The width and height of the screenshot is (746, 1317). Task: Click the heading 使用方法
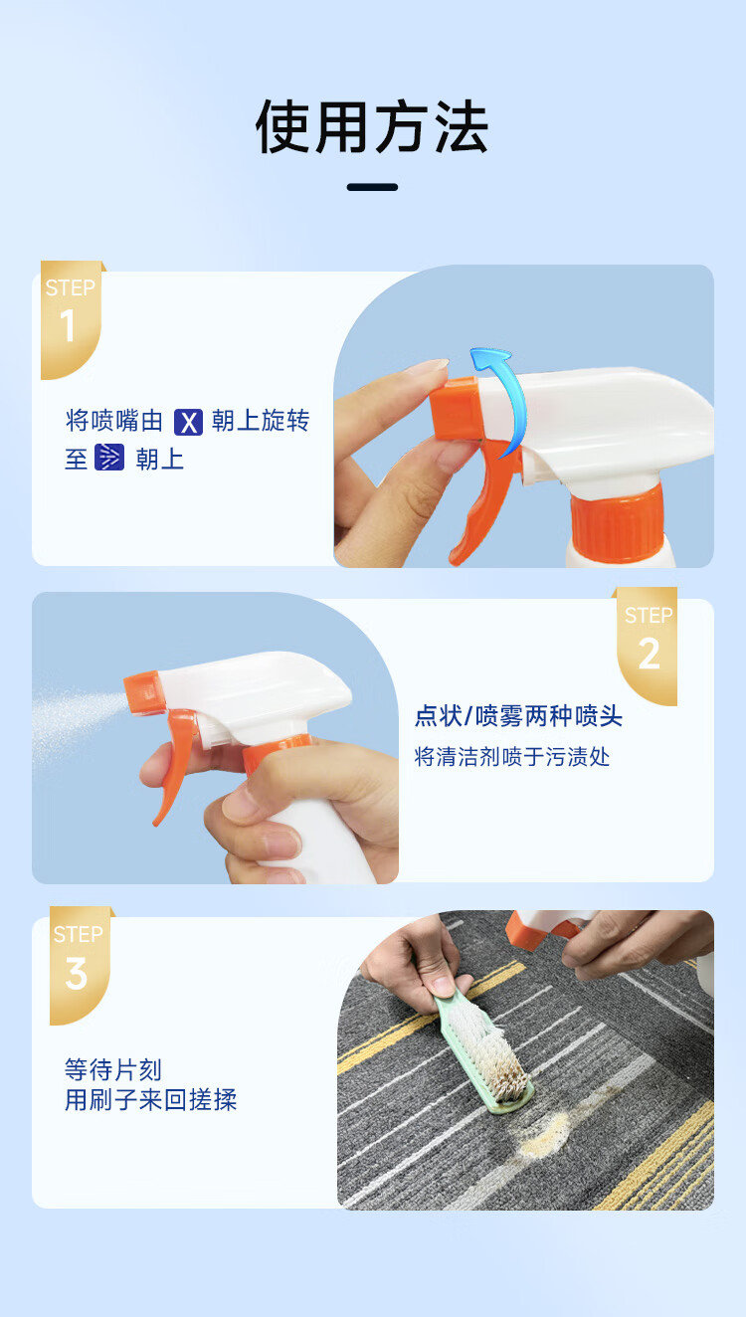(372, 126)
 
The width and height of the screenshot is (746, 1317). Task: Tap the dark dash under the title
(372, 187)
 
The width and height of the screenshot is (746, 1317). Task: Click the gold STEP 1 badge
(72, 319)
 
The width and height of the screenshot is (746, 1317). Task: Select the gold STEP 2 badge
(647, 646)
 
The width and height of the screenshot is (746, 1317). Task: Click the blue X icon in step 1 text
(188, 422)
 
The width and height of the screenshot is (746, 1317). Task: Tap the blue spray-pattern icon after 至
(109, 458)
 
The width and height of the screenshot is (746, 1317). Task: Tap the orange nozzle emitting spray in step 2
(142, 693)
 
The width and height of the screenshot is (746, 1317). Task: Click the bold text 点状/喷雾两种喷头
(518, 716)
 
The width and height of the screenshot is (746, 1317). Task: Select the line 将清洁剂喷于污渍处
(511, 757)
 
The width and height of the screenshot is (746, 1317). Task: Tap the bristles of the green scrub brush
(493, 1052)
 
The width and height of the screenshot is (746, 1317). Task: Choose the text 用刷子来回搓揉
(151, 1099)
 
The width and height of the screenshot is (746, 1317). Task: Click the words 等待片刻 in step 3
(112, 1069)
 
